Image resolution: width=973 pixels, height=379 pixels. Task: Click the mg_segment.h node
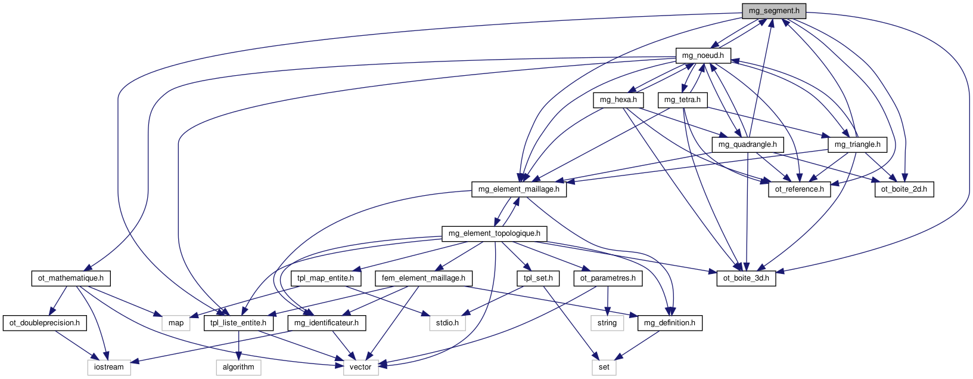[x=774, y=11]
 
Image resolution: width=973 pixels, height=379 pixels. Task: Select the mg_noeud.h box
[x=702, y=56]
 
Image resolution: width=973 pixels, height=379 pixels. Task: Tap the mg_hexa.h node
[x=618, y=100]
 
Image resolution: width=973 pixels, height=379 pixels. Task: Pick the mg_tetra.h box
[x=682, y=100]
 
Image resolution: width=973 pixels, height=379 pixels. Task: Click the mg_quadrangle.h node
[x=747, y=144]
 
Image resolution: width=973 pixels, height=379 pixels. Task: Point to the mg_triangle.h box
[x=857, y=144]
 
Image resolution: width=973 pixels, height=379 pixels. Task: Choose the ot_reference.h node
[x=799, y=189]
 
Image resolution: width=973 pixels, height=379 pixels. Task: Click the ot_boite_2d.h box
[x=904, y=189]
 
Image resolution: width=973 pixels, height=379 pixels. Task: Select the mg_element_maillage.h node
[x=519, y=189]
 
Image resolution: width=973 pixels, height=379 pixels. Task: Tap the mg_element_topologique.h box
[x=494, y=233]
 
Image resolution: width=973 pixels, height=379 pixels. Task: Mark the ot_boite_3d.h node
[x=746, y=278]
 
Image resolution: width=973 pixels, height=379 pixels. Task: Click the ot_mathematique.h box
[x=70, y=278]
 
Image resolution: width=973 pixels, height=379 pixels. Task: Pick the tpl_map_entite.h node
[x=325, y=278]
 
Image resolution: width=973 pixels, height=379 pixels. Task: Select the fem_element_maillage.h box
[x=423, y=278]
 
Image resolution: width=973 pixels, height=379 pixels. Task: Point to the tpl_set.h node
[x=538, y=278]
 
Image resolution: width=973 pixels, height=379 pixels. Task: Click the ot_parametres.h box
[x=608, y=278]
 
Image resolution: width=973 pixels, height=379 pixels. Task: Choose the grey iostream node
[x=109, y=367]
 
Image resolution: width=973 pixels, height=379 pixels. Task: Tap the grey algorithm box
[x=238, y=367]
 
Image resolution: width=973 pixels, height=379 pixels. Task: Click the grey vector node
[x=360, y=367]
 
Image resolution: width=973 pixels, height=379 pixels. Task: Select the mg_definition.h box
[x=670, y=323]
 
